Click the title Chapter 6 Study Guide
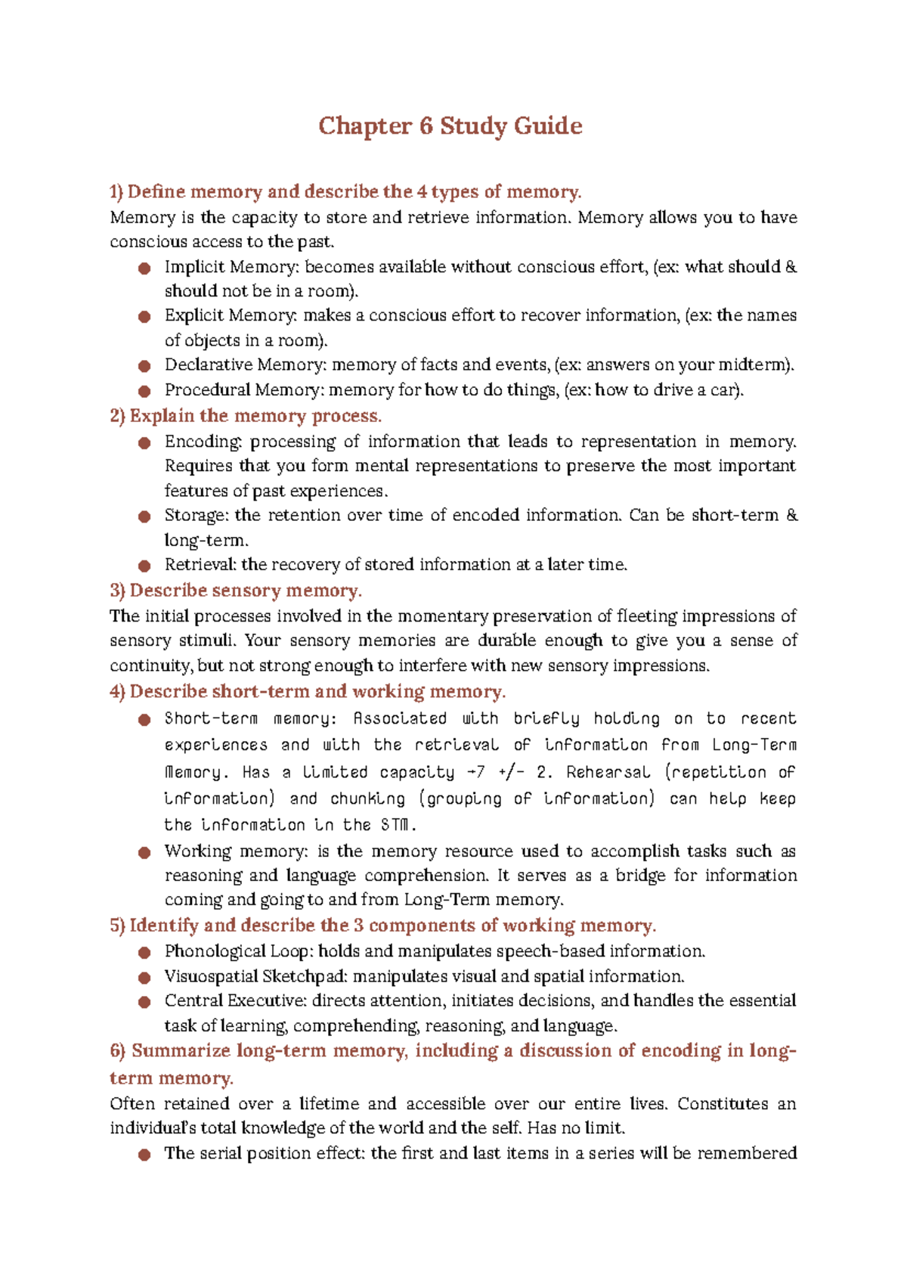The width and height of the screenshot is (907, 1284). pos(450,126)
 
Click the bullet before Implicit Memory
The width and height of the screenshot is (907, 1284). pos(144,268)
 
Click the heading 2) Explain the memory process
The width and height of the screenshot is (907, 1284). pos(246,416)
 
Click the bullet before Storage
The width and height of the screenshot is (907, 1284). pos(144,516)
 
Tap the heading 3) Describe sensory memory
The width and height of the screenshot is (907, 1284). pos(236,591)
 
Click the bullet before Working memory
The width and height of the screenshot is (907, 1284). pos(144,853)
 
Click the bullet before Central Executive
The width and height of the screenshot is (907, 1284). pos(144,1003)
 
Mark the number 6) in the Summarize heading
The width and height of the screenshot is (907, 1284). pos(117,1051)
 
